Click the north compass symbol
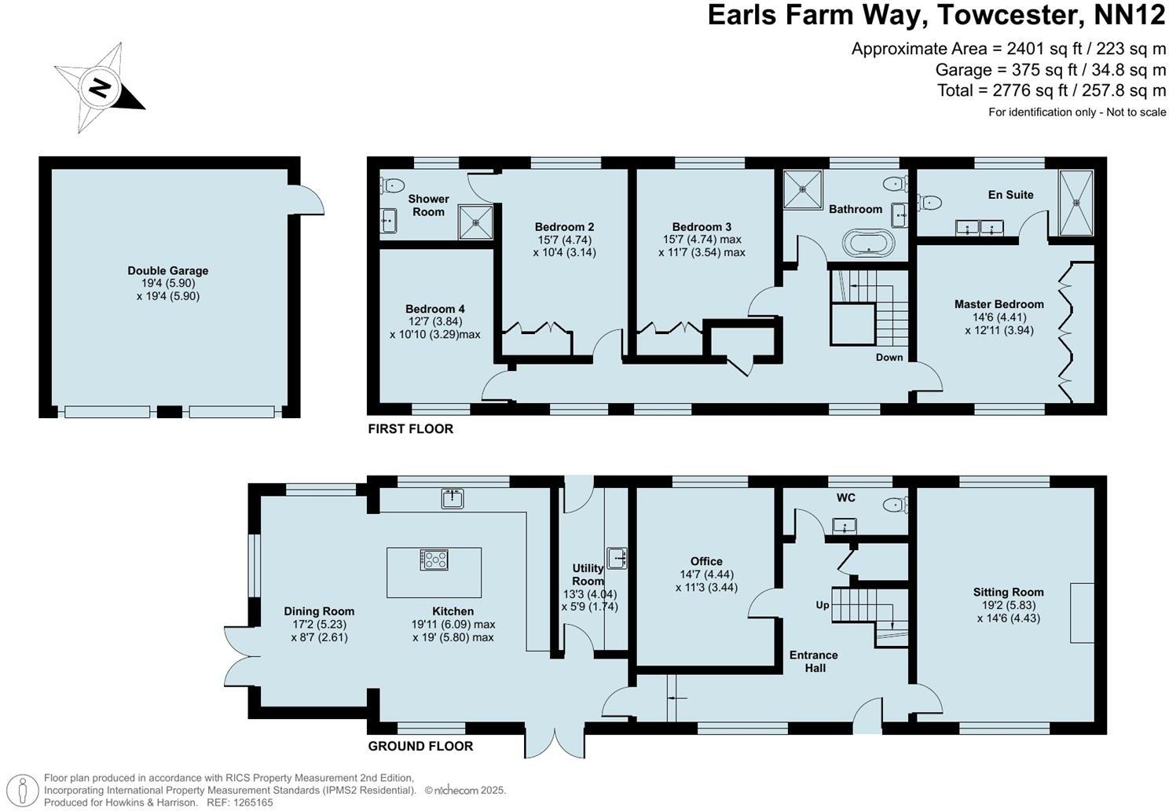tap(99, 87)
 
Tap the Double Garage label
tap(167, 271)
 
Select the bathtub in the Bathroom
tap(868, 243)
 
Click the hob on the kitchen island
tap(434, 560)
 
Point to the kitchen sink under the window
tap(452, 497)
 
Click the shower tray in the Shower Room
tap(476, 222)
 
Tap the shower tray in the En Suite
tap(1076, 202)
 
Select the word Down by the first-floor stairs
tap(889, 358)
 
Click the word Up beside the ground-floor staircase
tap(823, 605)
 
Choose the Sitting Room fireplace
tap(1082, 613)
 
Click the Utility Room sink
tap(617, 558)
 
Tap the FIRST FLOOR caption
tap(410, 429)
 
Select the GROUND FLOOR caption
tap(420, 746)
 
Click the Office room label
tap(706, 561)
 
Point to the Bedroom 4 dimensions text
tap(434, 328)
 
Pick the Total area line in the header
tap(1051, 90)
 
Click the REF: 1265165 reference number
tap(240, 802)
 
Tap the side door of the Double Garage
tap(310, 198)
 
